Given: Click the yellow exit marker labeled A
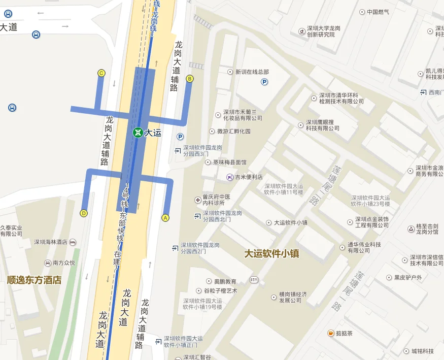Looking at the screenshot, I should (x=165, y=218).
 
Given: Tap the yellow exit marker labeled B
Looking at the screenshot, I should (x=190, y=79).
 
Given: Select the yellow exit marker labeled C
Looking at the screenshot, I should (x=101, y=74).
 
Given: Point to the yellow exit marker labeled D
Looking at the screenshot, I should (x=84, y=213).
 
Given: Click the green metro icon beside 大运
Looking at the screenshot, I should (x=137, y=133).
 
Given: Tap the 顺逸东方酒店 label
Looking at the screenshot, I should (x=34, y=279).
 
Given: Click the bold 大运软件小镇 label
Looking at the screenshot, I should (x=271, y=253).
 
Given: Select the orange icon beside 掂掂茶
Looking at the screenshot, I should (x=331, y=333).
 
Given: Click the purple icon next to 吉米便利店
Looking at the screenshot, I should (x=229, y=177).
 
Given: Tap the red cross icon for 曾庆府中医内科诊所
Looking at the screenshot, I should (x=198, y=200).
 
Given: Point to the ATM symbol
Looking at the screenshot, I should (x=254, y=280).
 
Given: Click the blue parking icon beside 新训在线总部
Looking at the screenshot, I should (x=264, y=82).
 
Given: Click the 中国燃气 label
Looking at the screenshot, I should (x=378, y=12).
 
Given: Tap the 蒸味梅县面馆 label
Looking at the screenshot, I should (x=229, y=162).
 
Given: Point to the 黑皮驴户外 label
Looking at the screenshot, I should (x=408, y=278).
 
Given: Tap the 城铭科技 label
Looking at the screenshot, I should (x=422, y=351).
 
